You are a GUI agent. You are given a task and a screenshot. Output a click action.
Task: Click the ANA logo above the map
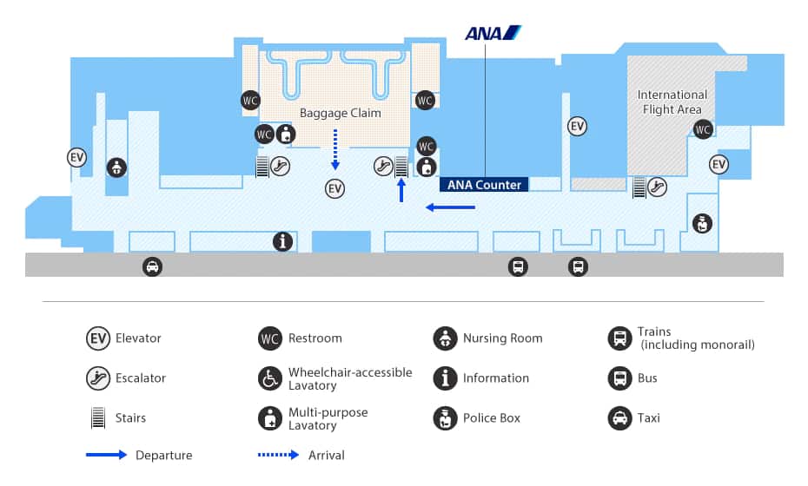click(493, 34)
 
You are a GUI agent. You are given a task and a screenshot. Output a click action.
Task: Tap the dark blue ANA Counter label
click(484, 185)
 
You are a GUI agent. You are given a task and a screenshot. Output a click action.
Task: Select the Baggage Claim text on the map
click(341, 113)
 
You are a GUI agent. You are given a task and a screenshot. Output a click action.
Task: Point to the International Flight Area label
click(672, 102)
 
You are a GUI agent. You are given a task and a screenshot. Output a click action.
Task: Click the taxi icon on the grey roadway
click(152, 267)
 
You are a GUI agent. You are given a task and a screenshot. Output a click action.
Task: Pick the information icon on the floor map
click(282, 241)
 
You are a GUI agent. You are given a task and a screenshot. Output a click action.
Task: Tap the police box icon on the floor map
click(702, 223)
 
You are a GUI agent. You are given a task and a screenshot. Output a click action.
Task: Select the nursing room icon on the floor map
click(116, 167)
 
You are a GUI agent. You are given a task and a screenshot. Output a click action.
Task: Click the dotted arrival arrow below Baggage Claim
click(335, 149)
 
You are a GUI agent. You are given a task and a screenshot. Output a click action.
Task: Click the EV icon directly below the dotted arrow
click(335, 188)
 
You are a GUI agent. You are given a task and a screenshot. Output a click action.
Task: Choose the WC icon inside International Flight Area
click(703, 129)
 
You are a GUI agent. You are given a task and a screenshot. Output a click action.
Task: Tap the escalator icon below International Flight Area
click(657, 185)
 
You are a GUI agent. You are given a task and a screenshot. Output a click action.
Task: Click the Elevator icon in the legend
click(97, 338)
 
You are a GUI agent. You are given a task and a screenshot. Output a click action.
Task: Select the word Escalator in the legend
click(140, 378)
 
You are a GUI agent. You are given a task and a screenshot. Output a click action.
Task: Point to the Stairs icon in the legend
click(98, 418)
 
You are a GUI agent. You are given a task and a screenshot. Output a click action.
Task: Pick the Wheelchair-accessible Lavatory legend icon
click(270, 378)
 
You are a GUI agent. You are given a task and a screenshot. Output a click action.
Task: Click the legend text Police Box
click(491, 418)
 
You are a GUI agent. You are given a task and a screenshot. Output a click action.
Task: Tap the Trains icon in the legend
click(619, 338)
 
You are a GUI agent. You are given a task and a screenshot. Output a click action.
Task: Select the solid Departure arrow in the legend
click(106, 456)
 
